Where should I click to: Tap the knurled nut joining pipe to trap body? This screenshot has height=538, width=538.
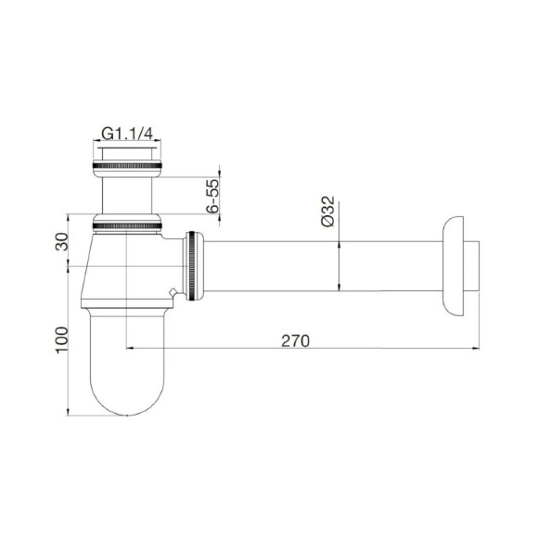point(192,266)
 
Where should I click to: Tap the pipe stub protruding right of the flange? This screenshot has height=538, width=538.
point(474,266)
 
